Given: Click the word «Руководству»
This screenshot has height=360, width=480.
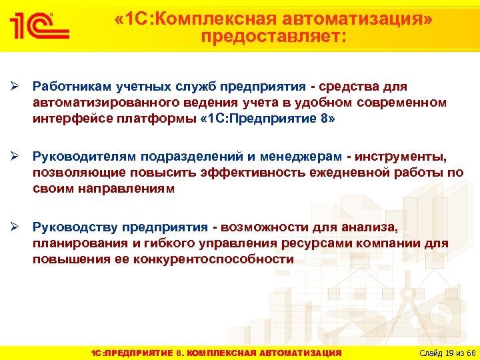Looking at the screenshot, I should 73,226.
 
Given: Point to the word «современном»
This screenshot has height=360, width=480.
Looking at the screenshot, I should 408,103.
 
